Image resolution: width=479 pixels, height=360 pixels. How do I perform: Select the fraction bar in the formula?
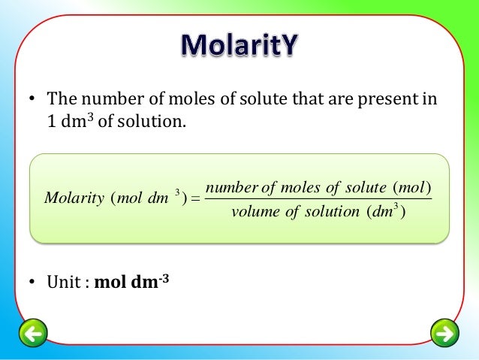318,199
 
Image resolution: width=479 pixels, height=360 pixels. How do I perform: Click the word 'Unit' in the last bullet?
64,286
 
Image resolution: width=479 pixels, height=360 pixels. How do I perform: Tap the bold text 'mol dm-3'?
126,285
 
